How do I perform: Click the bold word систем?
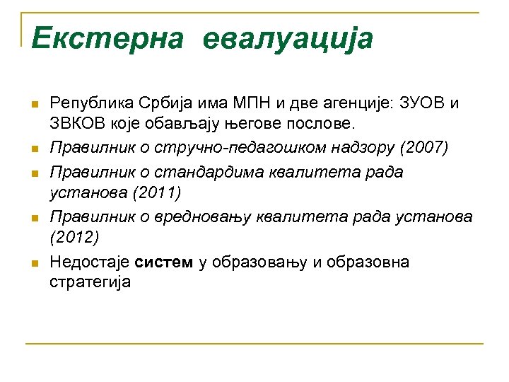(163, 262)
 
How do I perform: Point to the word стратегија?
(90, 282)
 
